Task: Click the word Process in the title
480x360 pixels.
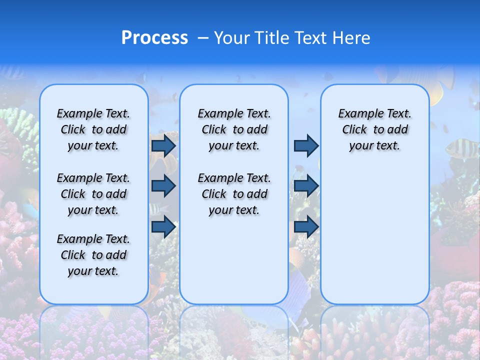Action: coord(154,38)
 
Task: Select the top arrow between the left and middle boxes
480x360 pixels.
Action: coord(163,146)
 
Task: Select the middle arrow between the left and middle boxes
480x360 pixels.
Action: coord(163,186)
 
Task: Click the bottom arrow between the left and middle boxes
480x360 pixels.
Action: coord(163,226)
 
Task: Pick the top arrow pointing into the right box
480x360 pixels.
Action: coord(306,146)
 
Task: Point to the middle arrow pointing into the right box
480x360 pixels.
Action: coord(306,186)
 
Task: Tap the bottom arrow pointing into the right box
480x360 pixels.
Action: coord(306,226)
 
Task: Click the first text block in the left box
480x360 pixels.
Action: coord(93,129)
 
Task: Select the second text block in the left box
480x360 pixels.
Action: coord(93,194)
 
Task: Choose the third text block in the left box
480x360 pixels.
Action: coord(93,255)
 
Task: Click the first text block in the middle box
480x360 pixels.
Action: coord(234,129)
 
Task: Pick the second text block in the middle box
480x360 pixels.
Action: coord(234,194)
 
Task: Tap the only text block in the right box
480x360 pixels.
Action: coord(374,129)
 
